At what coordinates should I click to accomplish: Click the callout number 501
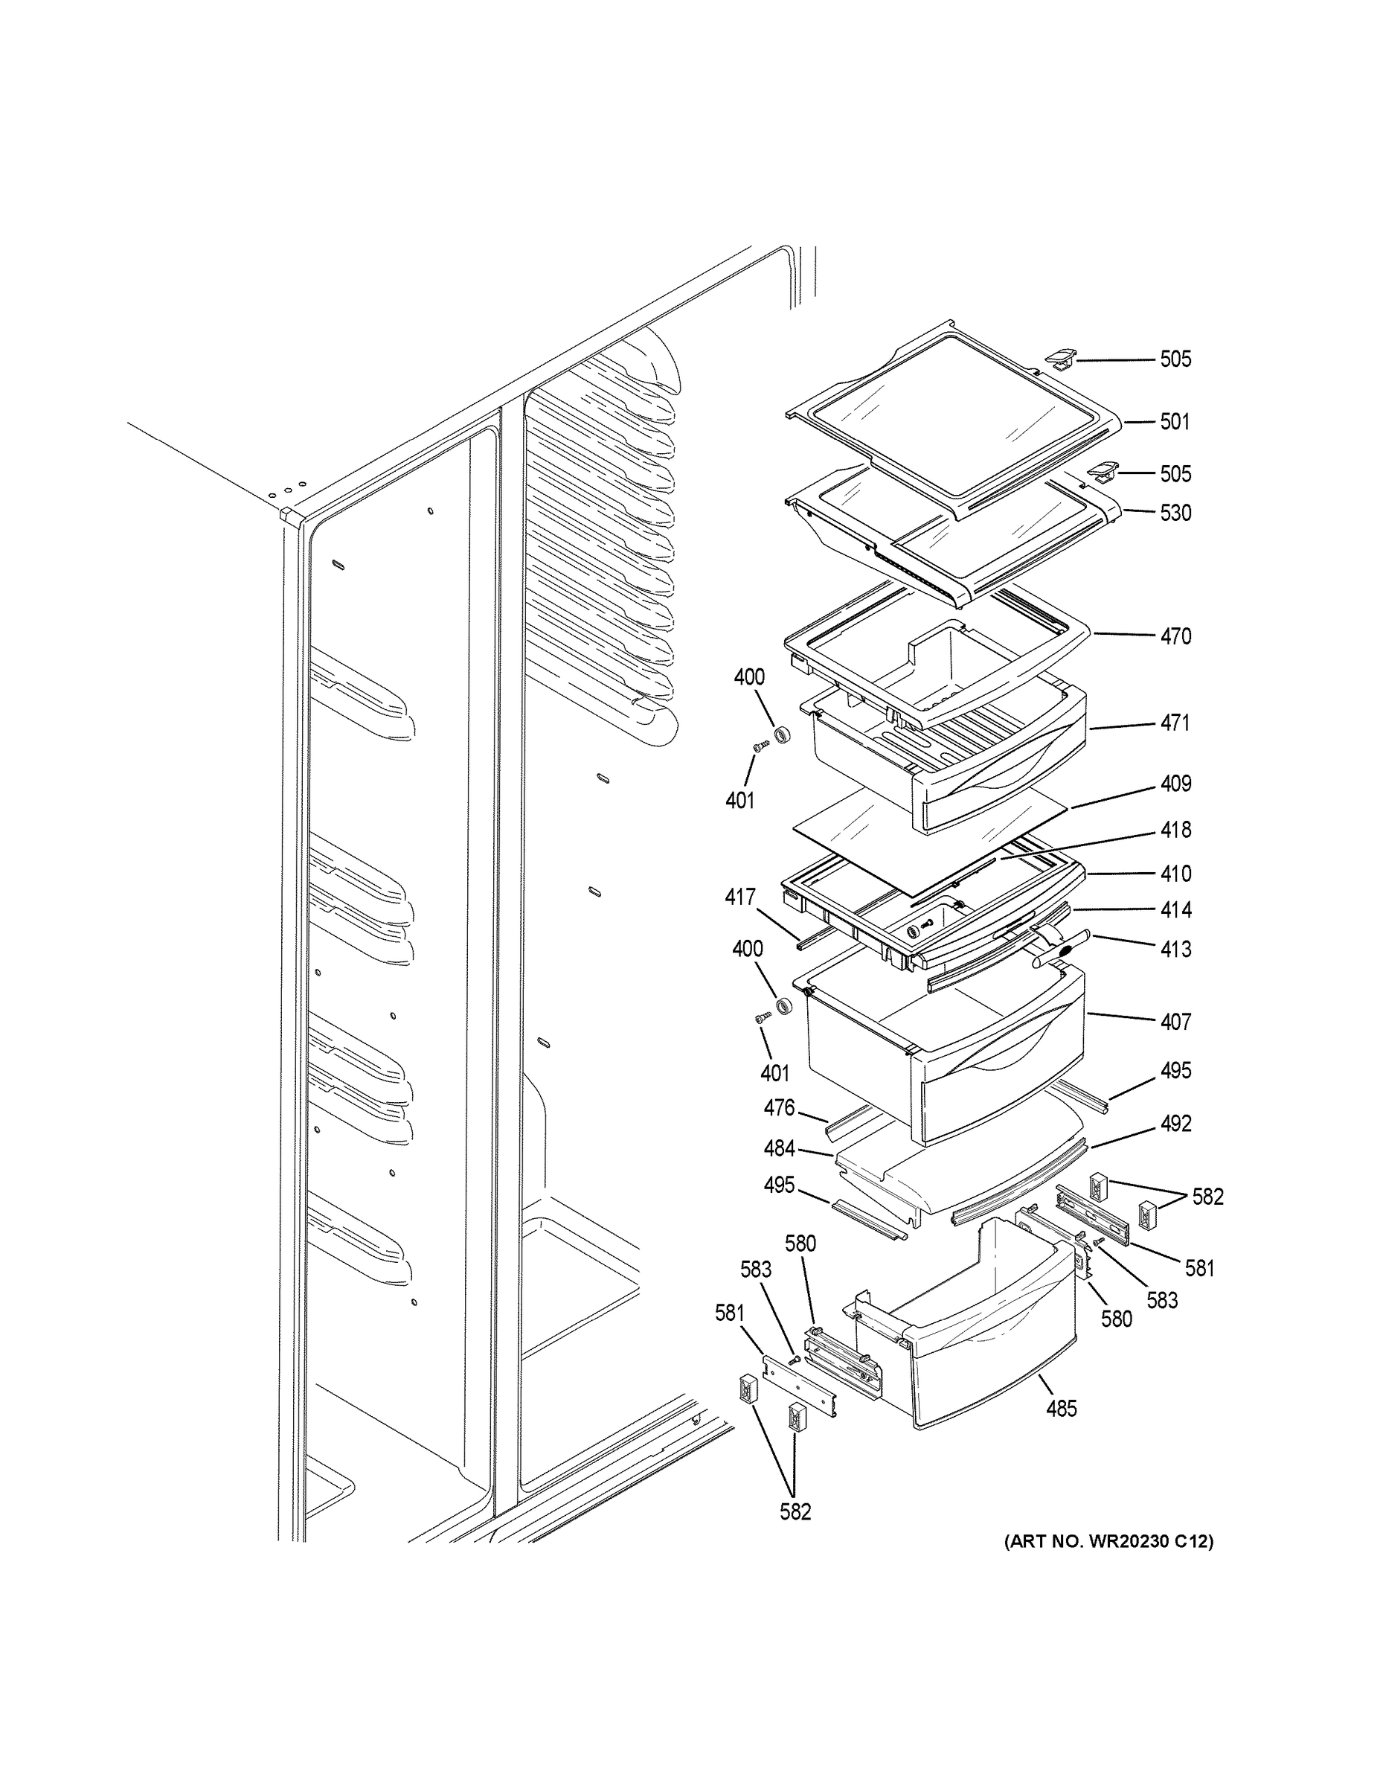point(1175,422)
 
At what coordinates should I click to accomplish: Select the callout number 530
point(1175,513)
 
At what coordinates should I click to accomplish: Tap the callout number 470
point(1175,636)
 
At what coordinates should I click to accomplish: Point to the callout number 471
point(1175,723)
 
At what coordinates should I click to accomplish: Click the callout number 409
point(1175,784)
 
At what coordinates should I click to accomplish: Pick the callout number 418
point(1175,830)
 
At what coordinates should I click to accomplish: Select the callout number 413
point(1175,950)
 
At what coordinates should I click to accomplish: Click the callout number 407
point(1175,1022)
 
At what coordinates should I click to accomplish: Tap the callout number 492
point(1175,1124)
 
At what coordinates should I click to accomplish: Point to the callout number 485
point(1061,1408)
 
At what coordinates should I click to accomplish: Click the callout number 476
point(778,1107)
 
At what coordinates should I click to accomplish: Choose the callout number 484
point(778,1148)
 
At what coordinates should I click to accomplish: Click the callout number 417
point(740,897)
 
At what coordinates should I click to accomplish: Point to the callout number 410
point(1175,874)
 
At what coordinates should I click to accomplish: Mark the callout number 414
point(1175,909)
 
